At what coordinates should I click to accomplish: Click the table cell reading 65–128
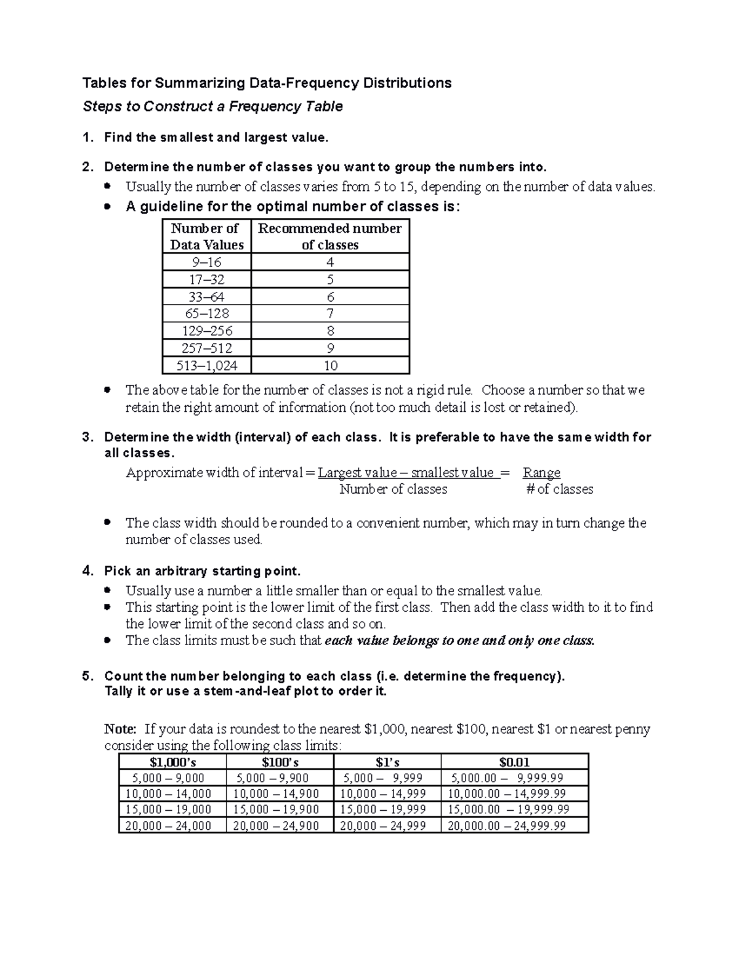(x=206, y=313)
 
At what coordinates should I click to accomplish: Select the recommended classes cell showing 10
(x=330, y=366)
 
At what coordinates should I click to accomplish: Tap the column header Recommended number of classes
(x=330, y=236)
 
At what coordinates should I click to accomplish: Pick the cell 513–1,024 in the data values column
(x=206, y=366)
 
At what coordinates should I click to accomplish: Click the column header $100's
(x=280, y=762)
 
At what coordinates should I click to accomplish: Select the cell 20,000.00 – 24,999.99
(x=506, y=825)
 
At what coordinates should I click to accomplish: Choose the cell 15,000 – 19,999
(x=382, y=809)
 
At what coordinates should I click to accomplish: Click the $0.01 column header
(x=514, y=762)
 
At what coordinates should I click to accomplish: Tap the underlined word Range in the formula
(x=541, y=473)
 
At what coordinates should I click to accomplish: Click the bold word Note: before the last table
(x=120, y=729)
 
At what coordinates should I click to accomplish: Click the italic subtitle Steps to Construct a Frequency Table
(x=212, y=106)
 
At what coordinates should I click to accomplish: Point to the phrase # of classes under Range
(x=559, y=489)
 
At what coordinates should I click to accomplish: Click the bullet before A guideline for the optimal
(x=108, y=207)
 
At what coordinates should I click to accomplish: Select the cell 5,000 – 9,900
(x=272, y=778)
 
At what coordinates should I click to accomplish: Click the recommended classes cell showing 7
(x=330, y=313)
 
